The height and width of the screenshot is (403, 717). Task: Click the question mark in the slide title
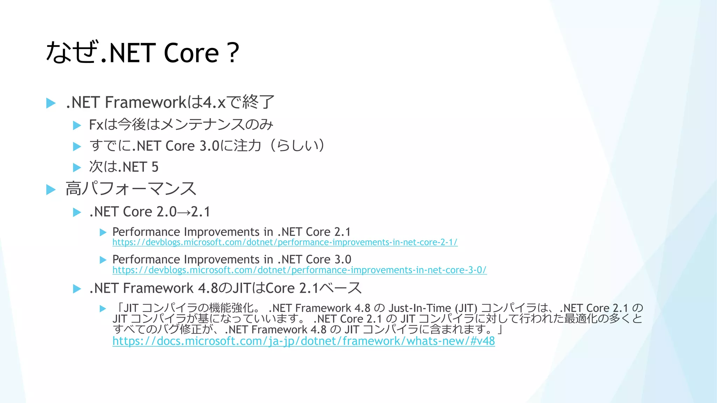click(x=232, y=53)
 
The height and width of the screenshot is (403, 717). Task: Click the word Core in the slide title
click(x=191, y=53)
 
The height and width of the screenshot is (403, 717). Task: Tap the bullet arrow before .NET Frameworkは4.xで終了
click(x=51, y=103)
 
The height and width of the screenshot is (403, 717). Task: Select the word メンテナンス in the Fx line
click(x=202, y=125)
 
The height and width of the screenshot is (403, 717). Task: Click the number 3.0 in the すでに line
click(x=209, y=146)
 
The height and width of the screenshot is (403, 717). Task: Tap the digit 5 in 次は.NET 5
click(x=155, y=167)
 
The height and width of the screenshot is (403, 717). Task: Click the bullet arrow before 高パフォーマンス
click(x=51, y=190)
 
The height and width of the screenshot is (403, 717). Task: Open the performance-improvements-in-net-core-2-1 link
click(x=285, y=242)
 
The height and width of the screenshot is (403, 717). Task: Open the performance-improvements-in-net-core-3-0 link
click(x=299, y=270)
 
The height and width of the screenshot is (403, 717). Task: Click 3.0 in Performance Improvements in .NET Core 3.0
click(x=343, y=260)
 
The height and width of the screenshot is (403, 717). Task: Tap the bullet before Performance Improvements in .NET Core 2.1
click(x=103, y=232)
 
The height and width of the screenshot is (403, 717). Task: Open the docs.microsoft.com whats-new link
click(x=303, y=341)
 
